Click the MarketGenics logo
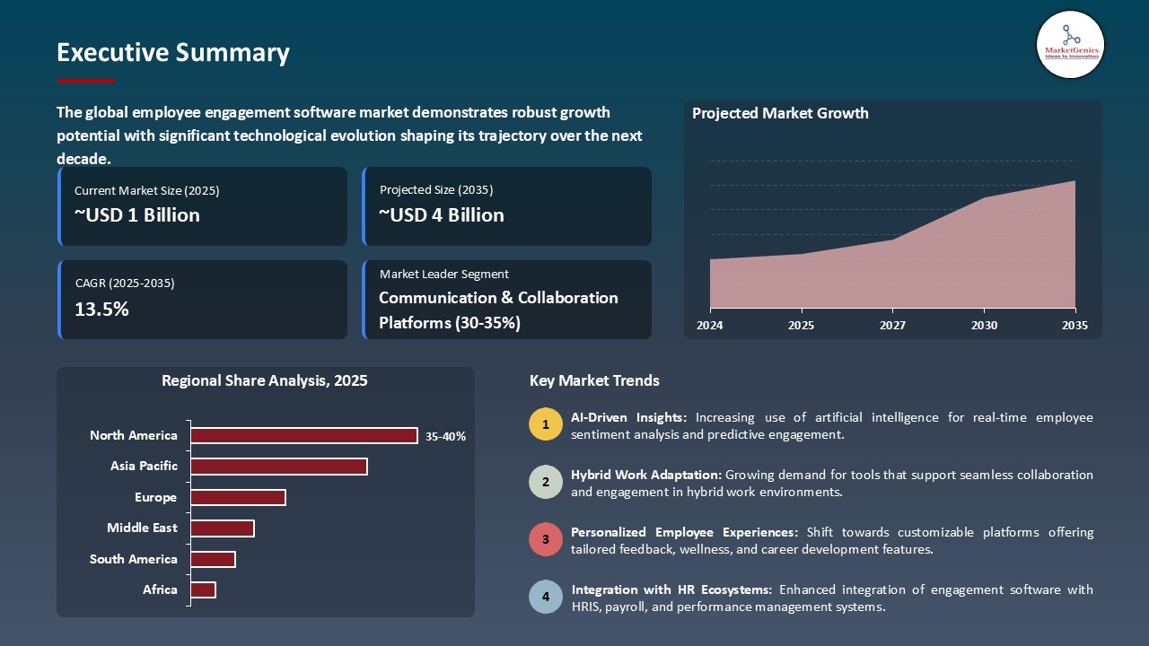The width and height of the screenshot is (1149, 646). point(1070,44)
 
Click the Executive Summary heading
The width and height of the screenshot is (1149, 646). point(172,53)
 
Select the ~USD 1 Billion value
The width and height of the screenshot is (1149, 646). point(137,215)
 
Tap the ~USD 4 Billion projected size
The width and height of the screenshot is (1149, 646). point(442,215)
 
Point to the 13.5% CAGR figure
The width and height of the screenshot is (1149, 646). point(102,310)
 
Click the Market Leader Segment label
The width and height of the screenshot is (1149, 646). point(443,275)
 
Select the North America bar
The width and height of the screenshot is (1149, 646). point(304,435)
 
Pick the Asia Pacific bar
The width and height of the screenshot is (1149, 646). point(279,467)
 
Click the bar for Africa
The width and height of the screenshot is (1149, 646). point(204,589)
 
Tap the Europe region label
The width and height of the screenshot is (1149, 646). point(156,497)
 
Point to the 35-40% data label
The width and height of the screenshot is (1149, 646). point(445,437)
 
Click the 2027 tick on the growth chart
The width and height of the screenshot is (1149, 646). point(892,326)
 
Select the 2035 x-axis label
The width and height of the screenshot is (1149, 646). point(1074,326)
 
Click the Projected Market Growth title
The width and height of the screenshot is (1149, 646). point(780,113)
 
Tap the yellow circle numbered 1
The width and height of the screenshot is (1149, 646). point(545,424)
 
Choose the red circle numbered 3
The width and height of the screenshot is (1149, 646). point(545,540)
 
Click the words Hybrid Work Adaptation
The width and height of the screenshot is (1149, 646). point(645,475)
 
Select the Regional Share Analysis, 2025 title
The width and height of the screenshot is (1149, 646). point(265,380)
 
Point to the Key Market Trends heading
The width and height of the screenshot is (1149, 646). point(594,380)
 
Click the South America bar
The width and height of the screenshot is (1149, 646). point(213,559)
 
